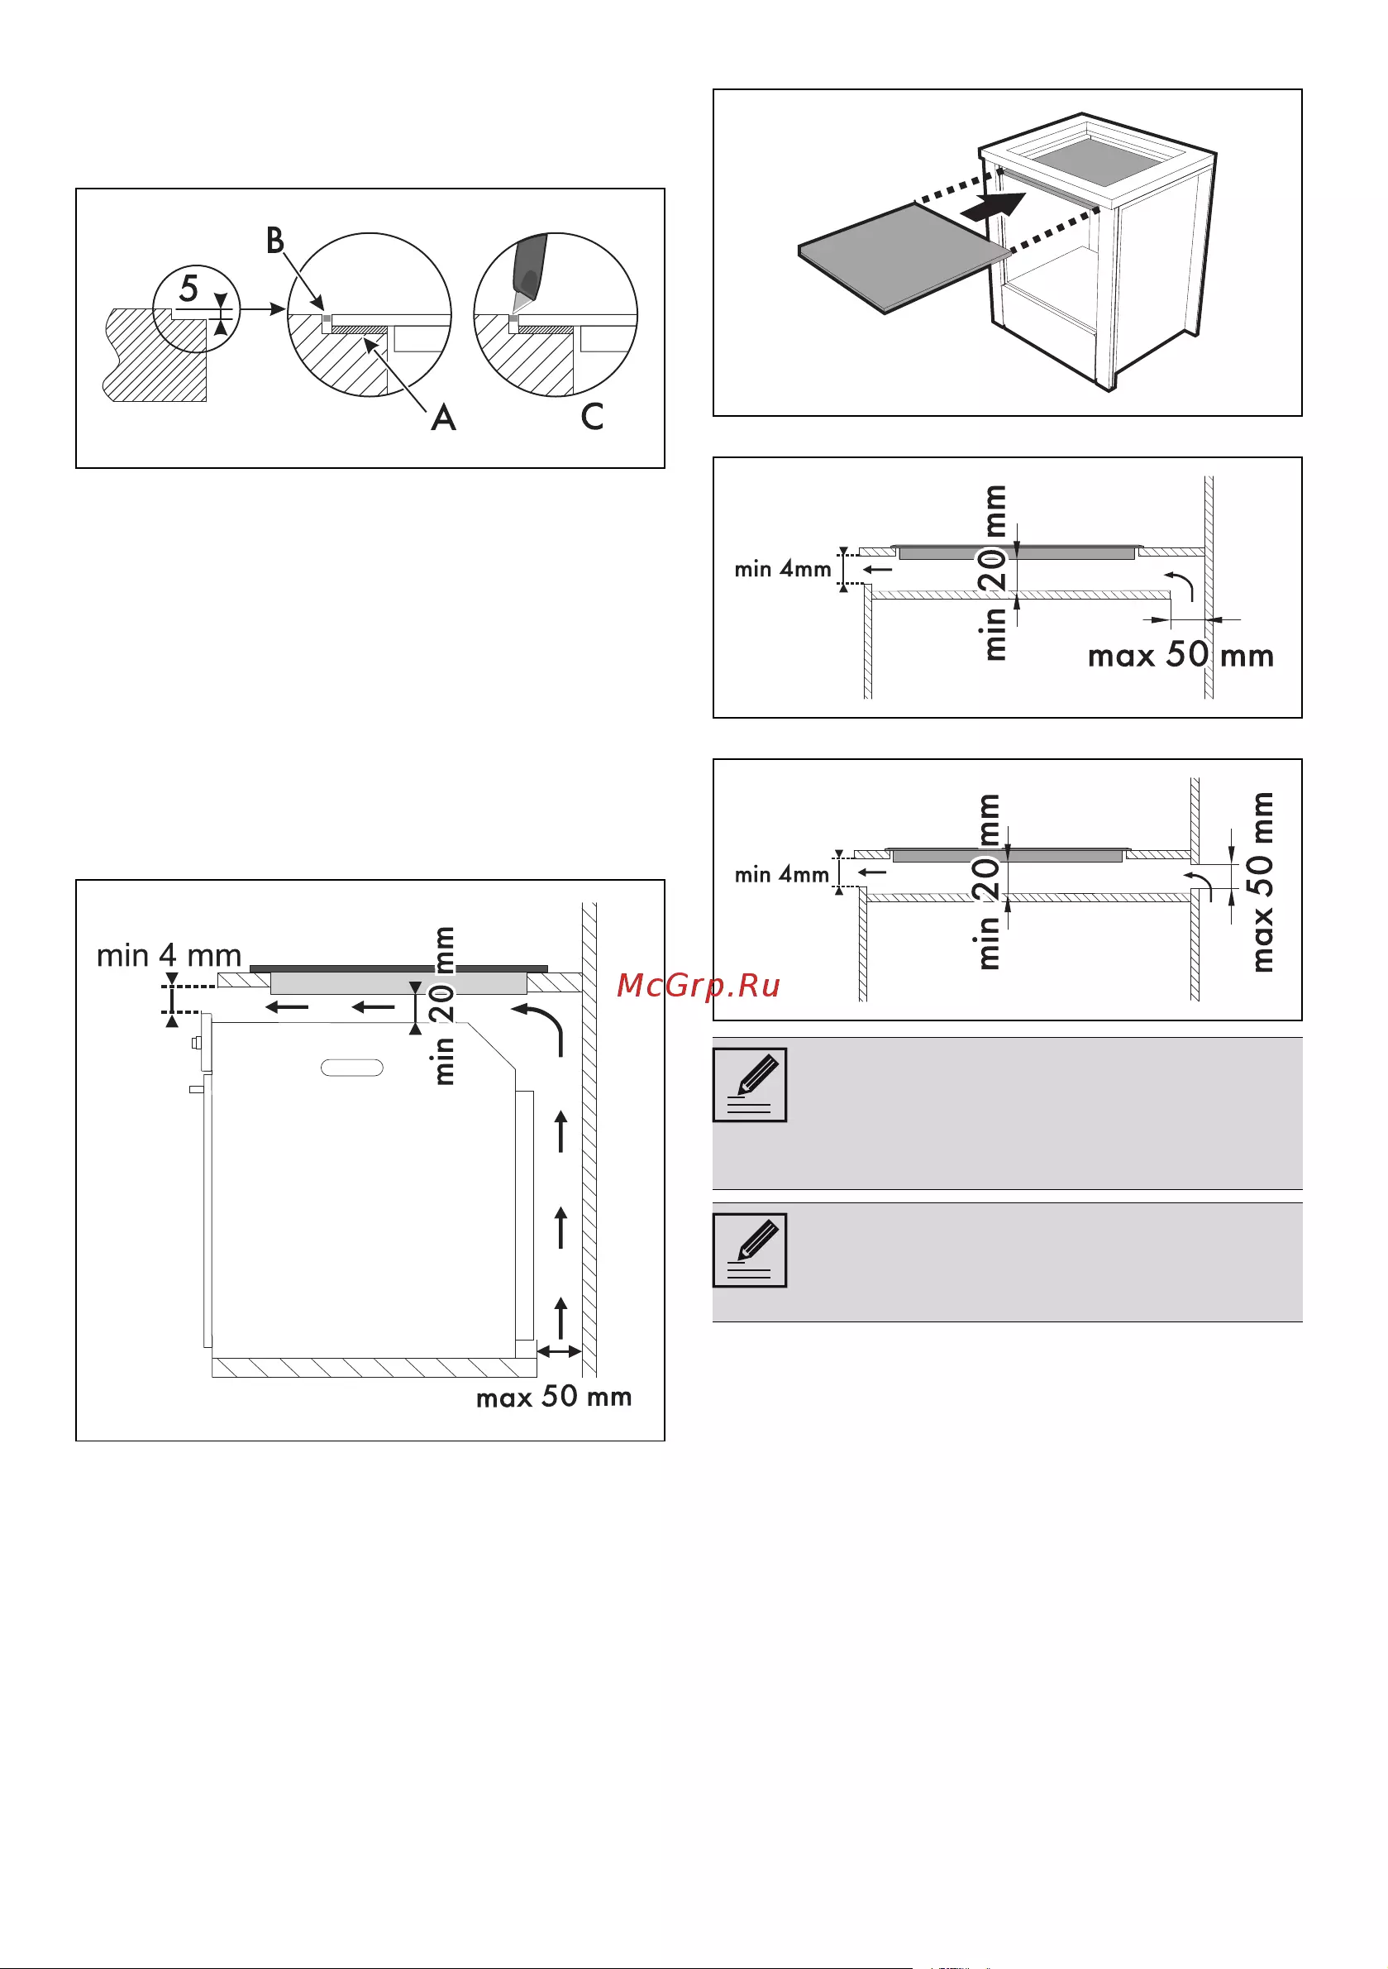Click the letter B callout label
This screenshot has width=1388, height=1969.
[x=274, y=241]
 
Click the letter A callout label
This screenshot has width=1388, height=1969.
[x=443, y=418]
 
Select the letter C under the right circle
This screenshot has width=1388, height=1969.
[x=592, y=417]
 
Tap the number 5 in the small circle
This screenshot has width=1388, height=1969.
[x=188, y=288]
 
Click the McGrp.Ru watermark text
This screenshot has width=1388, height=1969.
[x=698, y=986]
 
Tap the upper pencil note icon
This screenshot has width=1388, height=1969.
[x=749, y=1084]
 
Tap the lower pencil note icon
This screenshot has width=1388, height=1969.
[x=749, y=1250]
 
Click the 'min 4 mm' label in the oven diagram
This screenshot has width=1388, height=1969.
[x=169, y=954]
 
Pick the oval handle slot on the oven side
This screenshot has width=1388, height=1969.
[x=351, y=1068]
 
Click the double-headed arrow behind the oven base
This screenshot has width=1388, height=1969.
[x=559, y=1351]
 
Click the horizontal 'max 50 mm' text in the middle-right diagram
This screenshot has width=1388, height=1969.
[x=1181, y=655]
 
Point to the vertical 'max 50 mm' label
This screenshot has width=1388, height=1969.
[x=1263, y=882]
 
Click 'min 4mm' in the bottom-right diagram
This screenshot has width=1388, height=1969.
[x=781, y=875]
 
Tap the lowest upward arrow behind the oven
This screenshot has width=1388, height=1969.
[x=561, y=1317]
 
